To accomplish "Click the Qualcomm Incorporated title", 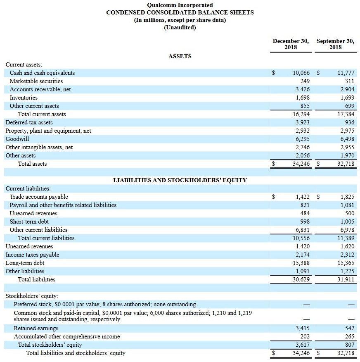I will click(x=180, y=5).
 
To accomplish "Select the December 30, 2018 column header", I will click(x=291, y=44).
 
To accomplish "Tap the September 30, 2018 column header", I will click(x=335, y=44).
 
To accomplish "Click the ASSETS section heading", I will click(x=180, y=56).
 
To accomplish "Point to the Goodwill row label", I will click(x=17, y=139).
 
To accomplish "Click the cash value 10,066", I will click(x=301, y=73).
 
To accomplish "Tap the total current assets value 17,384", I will click(x=346, y=114).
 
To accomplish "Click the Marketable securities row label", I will click(x=36, y=81).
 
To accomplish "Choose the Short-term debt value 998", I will click(x=305, y=221).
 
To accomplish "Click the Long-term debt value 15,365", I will click(x=346, y=263).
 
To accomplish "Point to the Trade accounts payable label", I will click(x=39, y=197).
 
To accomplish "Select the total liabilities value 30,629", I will click(x=301, y=279).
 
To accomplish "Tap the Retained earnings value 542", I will click(x=349, y=328).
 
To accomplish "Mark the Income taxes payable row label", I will click(x=32, y=255).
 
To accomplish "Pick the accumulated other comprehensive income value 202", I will click(x=305, y=336).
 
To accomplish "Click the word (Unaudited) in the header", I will click(x=180, y=27).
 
